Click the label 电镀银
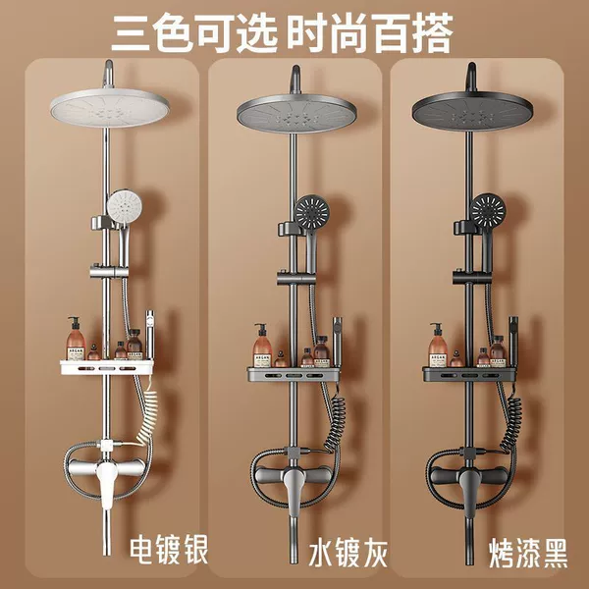tap(169, 550)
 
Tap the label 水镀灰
tap(348, 553)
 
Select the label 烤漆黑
tap(528, 554)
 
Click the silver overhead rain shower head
tap(110, 108)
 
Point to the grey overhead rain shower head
tap(296, 113)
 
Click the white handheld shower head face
tap(125, 205)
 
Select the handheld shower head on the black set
tap(488, 210)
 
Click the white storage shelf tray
tap(107, 367)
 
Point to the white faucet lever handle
tap(106, 483)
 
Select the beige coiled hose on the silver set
tap(147, 411)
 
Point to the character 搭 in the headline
tap(432, 32)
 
